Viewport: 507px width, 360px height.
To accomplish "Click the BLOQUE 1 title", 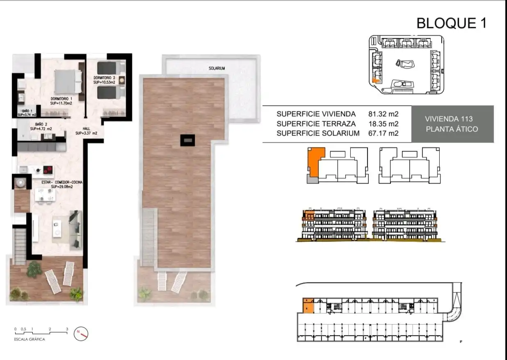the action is (x=452, y=23).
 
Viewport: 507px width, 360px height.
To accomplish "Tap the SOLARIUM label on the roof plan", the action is (x=217, y=68).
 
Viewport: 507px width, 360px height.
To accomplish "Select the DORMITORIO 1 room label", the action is (x=61, y=99).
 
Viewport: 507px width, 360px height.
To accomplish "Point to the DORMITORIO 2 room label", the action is (x=104, y=78).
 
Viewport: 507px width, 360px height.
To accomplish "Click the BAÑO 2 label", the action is (x=41, y=124).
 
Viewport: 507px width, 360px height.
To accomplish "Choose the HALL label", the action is (x=86, y=128).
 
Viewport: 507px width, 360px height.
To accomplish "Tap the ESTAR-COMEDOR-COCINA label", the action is (x=62, y=182).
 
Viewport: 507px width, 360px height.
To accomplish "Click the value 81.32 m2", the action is (x=383, y=114).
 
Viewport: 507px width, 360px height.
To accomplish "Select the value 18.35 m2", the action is (x=383, y=124).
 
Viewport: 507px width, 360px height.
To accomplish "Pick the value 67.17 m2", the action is (x=383, y=133).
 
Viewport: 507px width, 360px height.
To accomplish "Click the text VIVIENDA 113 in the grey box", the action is (x=449, y=119).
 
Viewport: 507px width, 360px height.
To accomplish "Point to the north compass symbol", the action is (x=81, y=333).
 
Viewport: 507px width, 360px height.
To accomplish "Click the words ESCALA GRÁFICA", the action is (x=30, y=339).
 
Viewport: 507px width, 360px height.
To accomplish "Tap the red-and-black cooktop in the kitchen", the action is (x=48, y=170).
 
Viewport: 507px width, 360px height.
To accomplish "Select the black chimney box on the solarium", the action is (x=187, y=140).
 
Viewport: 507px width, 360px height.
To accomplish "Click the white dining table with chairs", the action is (x=45, y=195).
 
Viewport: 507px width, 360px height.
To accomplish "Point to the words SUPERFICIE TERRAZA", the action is (x=316, y=124).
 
